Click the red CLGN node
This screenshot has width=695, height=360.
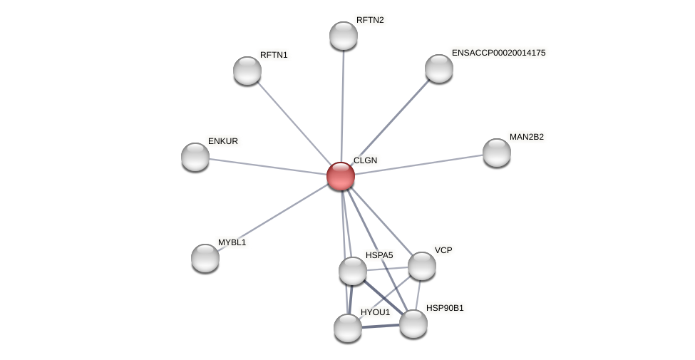pos(341,176)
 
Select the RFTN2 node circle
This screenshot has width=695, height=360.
pos(344,36)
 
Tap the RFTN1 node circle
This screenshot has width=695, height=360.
pos(247,71)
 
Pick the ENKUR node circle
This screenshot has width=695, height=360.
pos(195,157)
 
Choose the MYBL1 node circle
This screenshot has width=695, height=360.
pos(205,258)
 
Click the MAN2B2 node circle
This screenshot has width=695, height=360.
pos(497,153)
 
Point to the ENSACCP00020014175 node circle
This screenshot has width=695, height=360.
pos(439,68)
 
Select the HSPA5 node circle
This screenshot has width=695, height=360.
pos(353,271)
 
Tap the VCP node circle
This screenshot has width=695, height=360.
pos(422,266)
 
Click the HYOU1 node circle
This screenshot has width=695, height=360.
pos(348,328)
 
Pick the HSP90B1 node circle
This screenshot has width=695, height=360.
pos(413,324)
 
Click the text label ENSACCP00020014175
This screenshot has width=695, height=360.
pos(498,53)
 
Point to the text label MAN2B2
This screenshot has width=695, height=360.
pos(526,137)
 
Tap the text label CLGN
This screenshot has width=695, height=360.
pos(365,160)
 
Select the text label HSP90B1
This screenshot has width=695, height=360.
pos(445,308)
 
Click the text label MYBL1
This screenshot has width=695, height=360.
pos(232,242)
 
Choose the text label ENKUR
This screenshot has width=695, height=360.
pos(222,141)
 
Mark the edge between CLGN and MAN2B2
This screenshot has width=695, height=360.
pos(419,164)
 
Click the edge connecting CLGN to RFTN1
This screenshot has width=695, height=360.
pos(294,123)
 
